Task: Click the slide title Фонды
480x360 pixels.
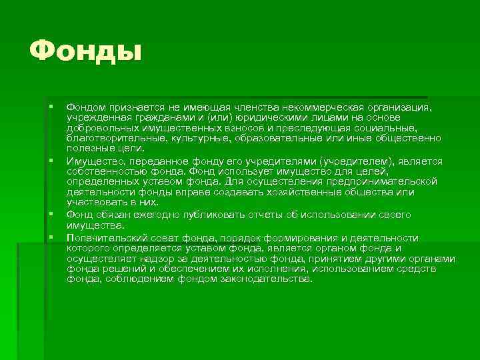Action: point(86,51)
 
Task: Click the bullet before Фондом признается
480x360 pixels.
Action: point(51,106)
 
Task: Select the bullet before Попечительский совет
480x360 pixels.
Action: point(51,237)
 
